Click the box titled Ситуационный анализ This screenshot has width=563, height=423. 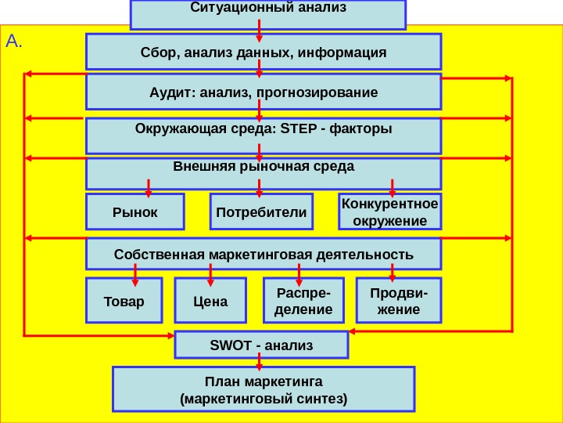[x=267, y=13]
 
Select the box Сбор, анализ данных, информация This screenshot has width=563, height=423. [x=263, y=52]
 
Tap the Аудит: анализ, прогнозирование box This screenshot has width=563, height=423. [x=263, y=92]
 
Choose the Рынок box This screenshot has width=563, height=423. [x=134, y=212]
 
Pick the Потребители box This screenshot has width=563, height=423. [x=260, y=212]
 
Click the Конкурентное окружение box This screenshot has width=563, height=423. [x=390, y=212]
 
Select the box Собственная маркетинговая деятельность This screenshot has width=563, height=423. [x=263, y=255]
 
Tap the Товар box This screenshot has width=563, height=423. [x=124, y=301]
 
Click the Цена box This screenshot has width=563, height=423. [x=209, y=301]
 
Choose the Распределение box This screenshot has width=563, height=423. [x=303, y=301]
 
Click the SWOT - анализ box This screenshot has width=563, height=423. [x=261, y=345]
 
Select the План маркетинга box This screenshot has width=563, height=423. [x=264, y=390]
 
